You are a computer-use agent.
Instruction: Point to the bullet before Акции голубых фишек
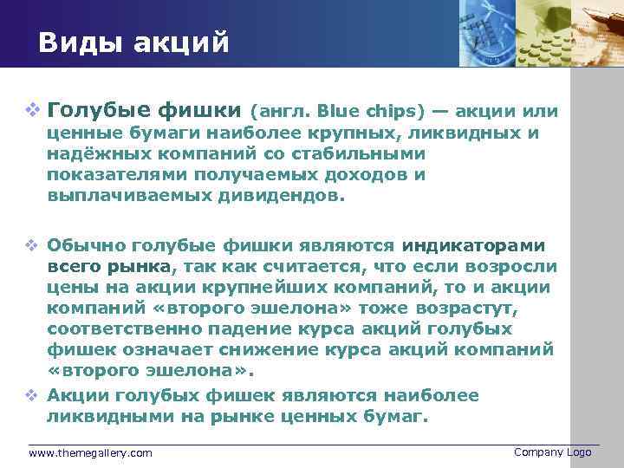[33, 395]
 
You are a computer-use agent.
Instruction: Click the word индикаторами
[473, 245]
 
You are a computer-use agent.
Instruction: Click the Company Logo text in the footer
[552, 452]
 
